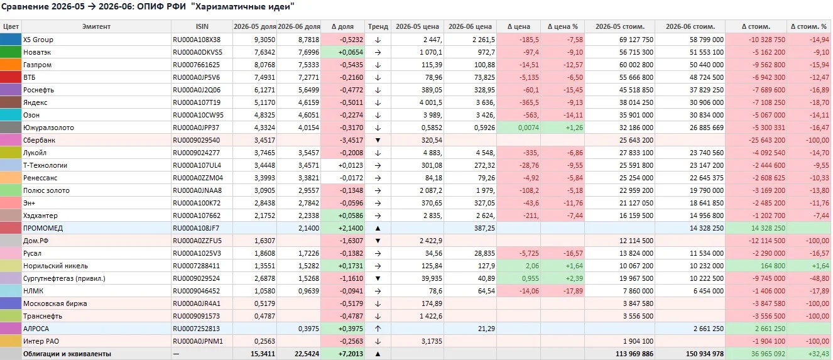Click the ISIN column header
tap(202, 27)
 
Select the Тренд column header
tap(378, 27)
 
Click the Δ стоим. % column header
tap(808, 27)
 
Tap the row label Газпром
tap(37, 65)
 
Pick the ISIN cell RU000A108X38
tap(197, 40)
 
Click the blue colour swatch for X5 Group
tap(11, 40)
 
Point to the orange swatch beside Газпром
tap(11, 65)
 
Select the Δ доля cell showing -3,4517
tap(351, 140)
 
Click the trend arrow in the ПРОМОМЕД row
tap(378, 228)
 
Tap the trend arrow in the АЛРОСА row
tap(378, 329)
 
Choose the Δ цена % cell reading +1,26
tap(574, 128)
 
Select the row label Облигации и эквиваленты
tap(67, 354)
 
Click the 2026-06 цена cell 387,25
tap(484, 228)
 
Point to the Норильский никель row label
tap(55, 266)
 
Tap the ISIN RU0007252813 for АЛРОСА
tap(196, 329)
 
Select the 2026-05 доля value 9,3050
tap(264, 40)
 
